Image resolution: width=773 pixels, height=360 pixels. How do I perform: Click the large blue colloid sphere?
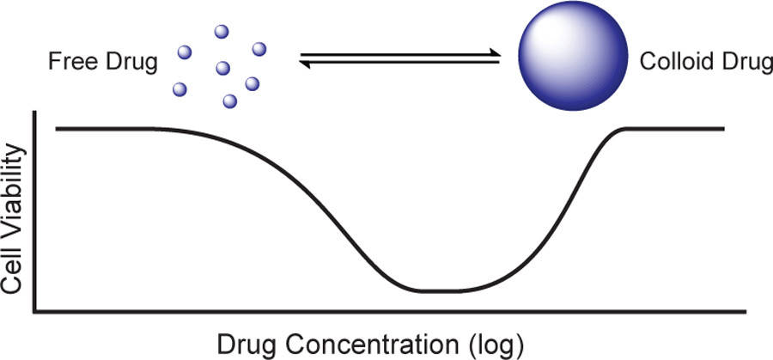tap(573, 55)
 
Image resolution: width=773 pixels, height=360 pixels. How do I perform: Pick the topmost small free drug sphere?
tap(222, 32)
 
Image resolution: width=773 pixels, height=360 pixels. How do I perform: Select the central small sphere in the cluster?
tap(222, 68)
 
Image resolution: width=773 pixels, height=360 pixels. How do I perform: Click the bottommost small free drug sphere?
tap(229, 101)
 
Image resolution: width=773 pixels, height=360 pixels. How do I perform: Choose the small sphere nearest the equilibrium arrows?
tap(259, 49)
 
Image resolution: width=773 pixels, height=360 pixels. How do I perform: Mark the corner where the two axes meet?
tap(34, 312)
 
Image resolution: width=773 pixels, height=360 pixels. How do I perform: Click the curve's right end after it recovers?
tap(723, 129)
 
